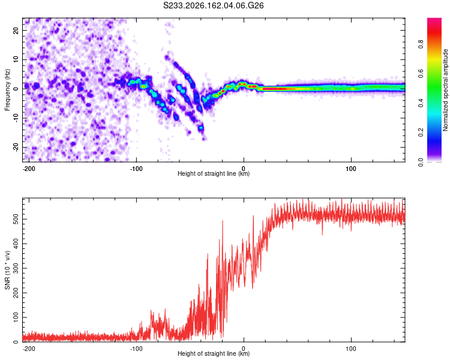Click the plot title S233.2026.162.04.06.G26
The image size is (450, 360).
click(213, 5)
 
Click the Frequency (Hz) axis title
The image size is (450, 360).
click(7, 90)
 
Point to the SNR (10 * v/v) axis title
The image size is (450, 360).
click(7, 270)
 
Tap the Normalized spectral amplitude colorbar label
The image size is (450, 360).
click(445, 90)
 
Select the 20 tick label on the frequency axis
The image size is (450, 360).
click(16, 30)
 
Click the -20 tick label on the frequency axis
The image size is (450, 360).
click(16, 147)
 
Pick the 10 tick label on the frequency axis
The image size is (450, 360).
click(16, 59)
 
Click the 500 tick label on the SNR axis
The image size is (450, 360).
click(16, 219)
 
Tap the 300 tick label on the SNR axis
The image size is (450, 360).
click(16, 268)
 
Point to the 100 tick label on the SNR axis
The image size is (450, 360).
click(16, 317)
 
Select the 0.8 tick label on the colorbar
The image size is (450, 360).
click(421, 44)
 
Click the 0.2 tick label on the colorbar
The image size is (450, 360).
click(421, 133)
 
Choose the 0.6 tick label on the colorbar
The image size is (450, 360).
click(421, 74)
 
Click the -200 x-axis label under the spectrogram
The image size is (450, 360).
click(29, 169)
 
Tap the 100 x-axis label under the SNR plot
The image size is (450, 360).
click(351, 349)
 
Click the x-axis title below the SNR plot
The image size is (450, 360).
click(214, 353)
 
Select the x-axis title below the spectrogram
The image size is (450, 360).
click(214, 173)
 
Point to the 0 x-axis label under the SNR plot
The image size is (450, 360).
click(244, 349)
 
